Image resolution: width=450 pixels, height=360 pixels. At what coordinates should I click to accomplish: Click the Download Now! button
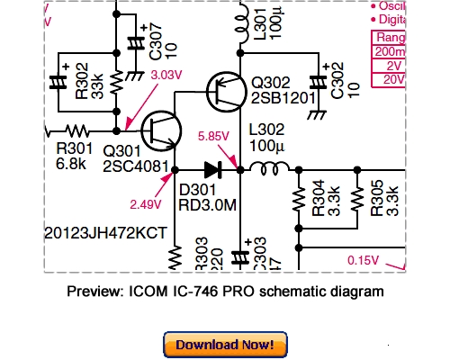pyautogui.click(x=225, y=344)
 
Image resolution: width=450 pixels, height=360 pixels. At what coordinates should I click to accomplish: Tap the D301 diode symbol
pyautogui.click(x=212, y=167)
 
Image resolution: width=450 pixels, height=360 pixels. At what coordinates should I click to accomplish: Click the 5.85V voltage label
pyautogui.click(x=212, y=137)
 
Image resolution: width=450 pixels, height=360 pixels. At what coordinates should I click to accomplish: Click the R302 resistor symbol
pyautogui.click(x=116, y=83)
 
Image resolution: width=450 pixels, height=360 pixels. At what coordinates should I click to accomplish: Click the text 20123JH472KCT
pyautogui.click(x=105, y=232)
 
